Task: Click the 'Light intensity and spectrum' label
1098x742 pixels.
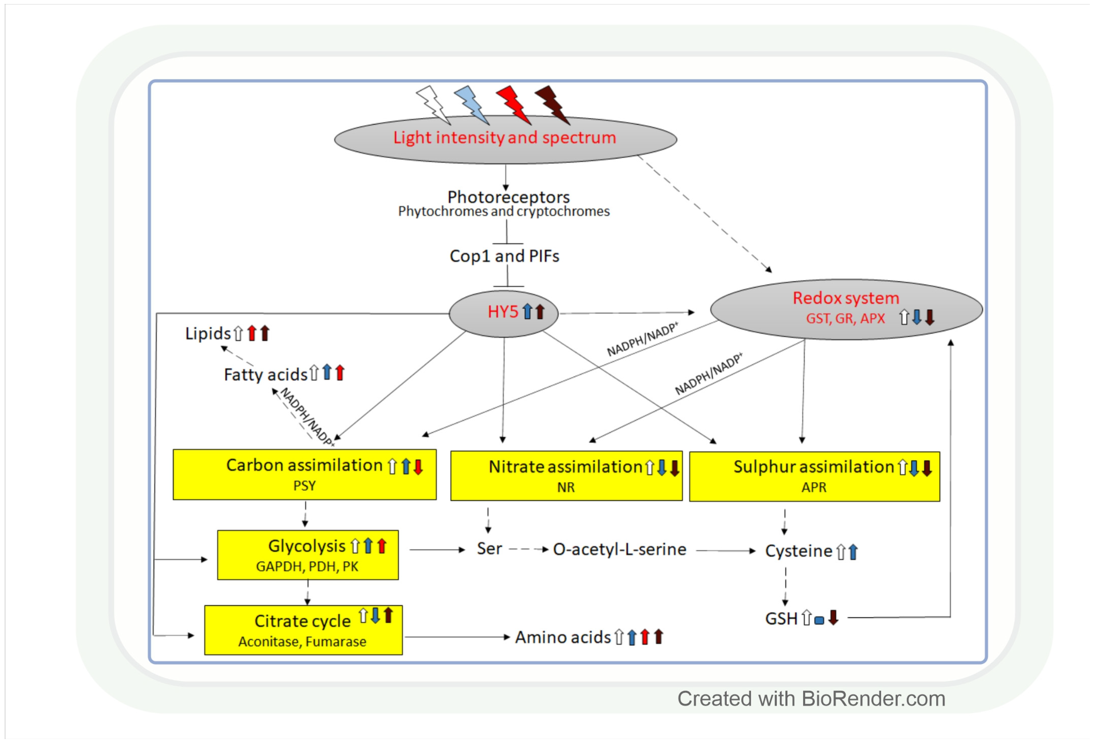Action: (x=505, y=138)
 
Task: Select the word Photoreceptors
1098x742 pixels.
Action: (x=508, y=197)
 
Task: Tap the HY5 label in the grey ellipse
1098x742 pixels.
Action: (x=503, y=312)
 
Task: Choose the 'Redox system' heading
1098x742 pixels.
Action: (x=846, y=298)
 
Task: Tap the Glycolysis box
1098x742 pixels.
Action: (x=308, y=555)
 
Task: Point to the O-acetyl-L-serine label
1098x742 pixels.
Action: (x=620, y=549)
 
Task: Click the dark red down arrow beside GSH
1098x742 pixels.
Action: (x=833, y=617)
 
